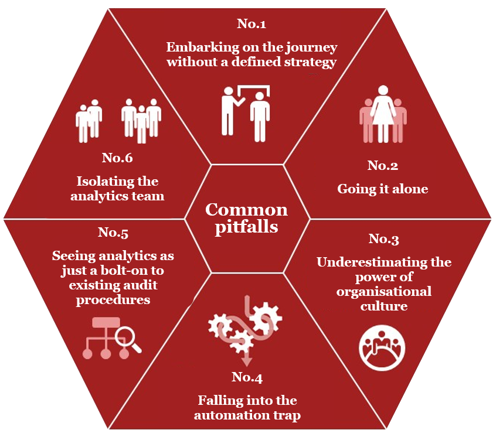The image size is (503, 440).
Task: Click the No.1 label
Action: [251, 24]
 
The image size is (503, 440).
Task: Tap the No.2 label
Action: [383, 166]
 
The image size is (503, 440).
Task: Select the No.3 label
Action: [384, 239]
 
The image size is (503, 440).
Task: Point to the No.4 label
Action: [247, 377]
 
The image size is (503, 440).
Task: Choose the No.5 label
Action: [113, 233]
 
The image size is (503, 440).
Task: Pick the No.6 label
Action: [118, 158]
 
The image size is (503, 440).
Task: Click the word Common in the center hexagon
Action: [246, 210]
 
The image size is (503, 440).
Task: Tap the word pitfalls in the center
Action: [246, 226]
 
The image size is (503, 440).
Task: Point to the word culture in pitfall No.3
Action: [384, 306]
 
